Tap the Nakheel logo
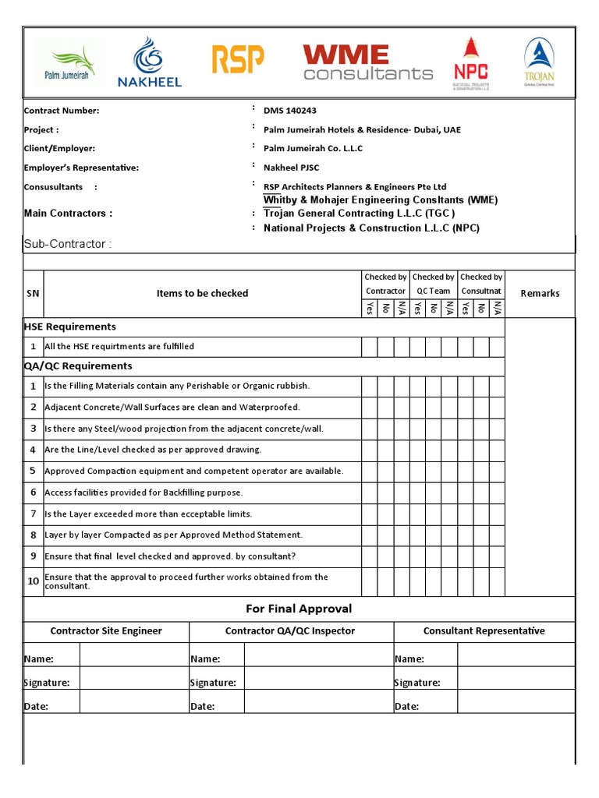[x=149, y=62]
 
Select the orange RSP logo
[x=238, y=60]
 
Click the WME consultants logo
[x=367, y=63]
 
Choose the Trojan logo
[x=539, y=62]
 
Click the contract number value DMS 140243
[x=290, y=111]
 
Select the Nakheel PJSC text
[x=291, y=168]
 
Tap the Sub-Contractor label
[x=68, y=244]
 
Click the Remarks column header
[x=540, y=294]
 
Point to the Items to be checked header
[x=202, y=294]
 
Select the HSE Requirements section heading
[x=70, y=327]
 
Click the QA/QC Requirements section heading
[x=78, y=366]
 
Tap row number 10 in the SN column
[x=34, y=581]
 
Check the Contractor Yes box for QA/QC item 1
[x=369, y=386]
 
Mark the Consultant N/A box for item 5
[x=497, y=471]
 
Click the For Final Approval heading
[x=299, y=609]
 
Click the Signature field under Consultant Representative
[x=516, y=683]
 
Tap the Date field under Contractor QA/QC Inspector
[x=318, y=706]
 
